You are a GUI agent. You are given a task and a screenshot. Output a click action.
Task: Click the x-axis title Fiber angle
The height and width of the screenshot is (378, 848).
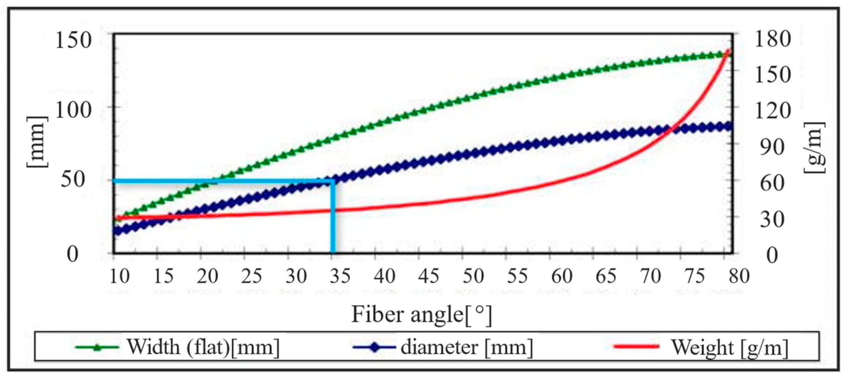[422, 314]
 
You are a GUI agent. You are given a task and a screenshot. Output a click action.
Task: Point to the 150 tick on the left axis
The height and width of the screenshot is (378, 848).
[73, 41]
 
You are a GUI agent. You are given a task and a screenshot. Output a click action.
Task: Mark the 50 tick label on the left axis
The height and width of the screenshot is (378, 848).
[73, 180]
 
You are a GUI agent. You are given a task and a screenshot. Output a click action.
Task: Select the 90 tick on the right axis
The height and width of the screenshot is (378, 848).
[772, 147]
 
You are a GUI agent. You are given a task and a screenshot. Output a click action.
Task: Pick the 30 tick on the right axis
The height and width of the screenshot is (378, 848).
[772, 219]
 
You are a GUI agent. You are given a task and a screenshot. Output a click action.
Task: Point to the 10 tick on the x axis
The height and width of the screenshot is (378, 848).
[119, 276]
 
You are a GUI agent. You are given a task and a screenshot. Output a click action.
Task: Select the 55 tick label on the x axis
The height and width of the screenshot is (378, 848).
[517, 276]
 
